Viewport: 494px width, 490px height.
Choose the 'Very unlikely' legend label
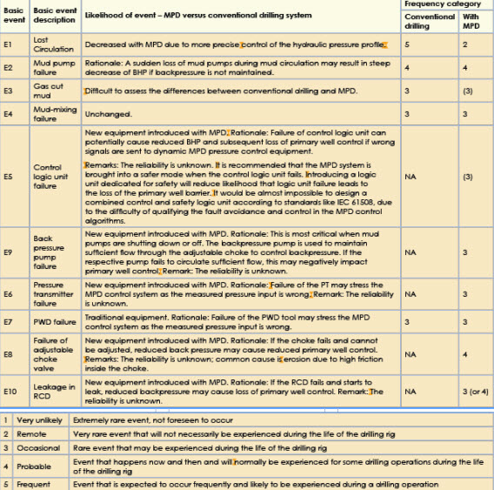38,420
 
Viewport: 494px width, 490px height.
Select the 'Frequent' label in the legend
34,483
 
